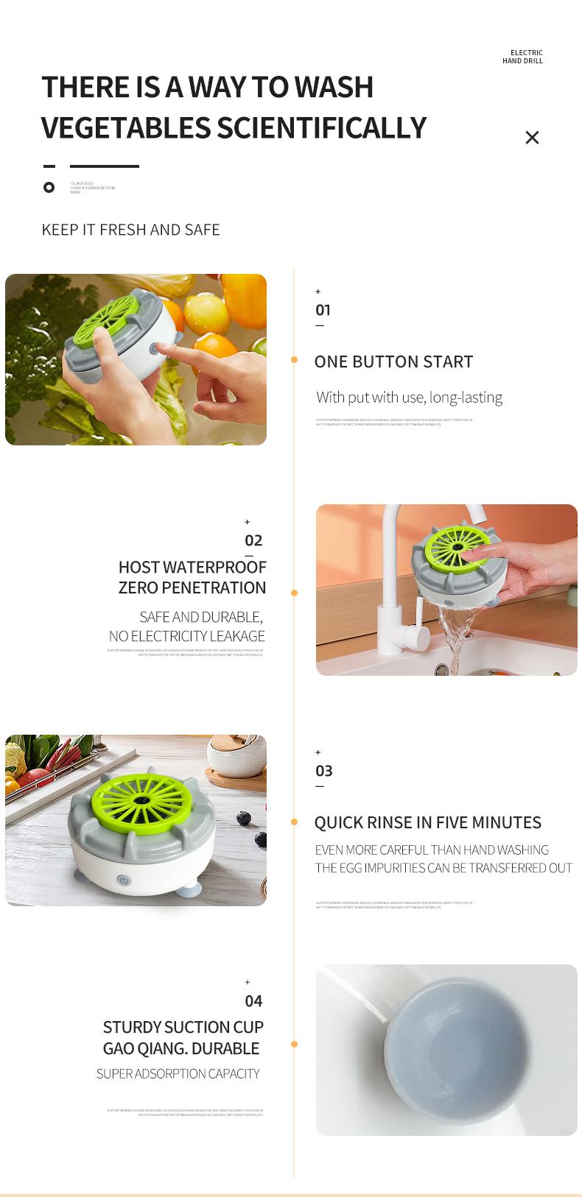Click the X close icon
532,138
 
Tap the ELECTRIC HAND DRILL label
522,57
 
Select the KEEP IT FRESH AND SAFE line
130,230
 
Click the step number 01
323,310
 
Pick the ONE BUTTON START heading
393,361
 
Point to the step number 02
253,540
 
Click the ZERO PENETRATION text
192,587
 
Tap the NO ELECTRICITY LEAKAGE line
186,636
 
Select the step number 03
323,771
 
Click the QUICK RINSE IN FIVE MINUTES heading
427,822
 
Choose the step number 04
253,1001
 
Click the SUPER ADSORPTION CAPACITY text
178,1074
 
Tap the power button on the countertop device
124,880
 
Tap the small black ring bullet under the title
49,187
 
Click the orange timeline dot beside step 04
294,1044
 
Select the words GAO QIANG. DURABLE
180,1048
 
